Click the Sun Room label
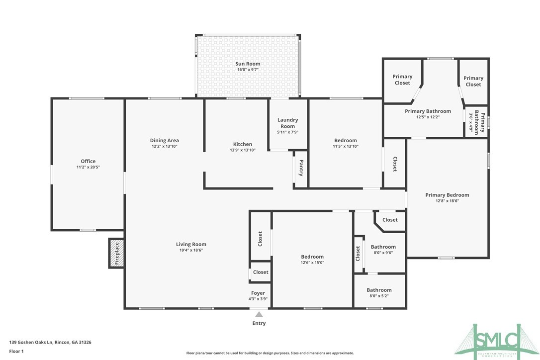(248, 64)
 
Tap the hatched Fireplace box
(116, 253)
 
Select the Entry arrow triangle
(259, 314)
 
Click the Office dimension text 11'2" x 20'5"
(88, 168)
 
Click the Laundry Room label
(287, 123)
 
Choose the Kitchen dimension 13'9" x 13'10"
(242, 150)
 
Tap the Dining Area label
(164, 140)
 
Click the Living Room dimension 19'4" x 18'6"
(191, 250)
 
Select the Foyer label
(258, 293)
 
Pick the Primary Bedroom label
(447, 195)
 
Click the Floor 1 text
(16, 351)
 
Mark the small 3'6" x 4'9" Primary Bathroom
(476, 121)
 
